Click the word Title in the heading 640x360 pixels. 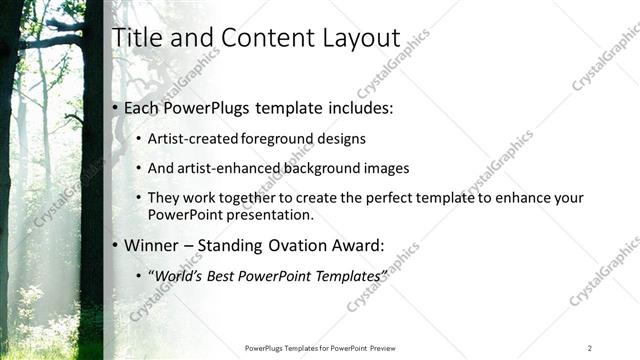137,37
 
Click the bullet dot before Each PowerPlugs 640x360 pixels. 116,108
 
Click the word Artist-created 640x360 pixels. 191,139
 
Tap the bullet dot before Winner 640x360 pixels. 116,245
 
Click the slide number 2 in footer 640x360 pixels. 589,348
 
